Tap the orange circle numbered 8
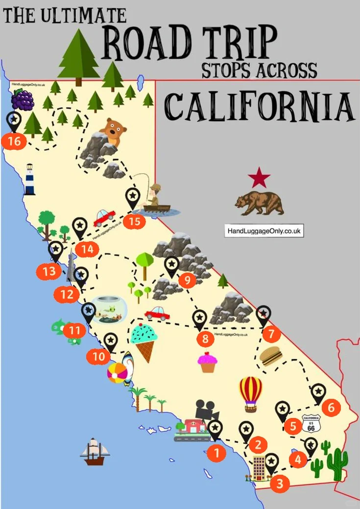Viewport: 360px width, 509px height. pos(205,338)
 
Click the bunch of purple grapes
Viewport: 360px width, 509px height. pos(23,100)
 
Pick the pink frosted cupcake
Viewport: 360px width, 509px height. pos(207,362)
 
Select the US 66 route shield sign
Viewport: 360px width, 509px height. pos(311,423)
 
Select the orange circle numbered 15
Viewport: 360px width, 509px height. pos(134,221)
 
